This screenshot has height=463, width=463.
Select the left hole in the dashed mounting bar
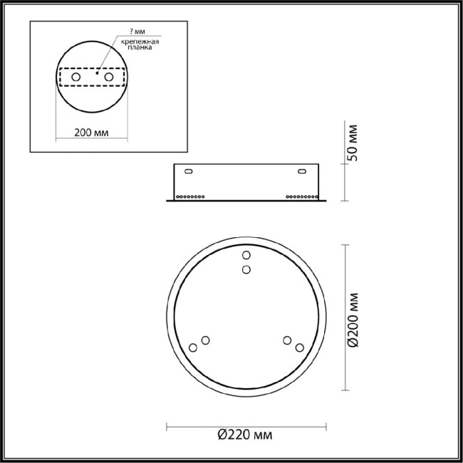pyautogui.click(x=76, y=76)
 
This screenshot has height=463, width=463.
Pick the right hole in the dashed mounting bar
pyautogui.click(x=108, y=76)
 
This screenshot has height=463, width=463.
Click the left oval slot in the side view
pyautogui.click(x=189, y=172)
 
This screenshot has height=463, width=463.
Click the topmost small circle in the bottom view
pyautogui.click(x=246, y=256)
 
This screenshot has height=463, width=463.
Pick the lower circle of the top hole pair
pyautogui.click(x=246, y=269)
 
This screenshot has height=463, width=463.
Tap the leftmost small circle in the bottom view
pyautogui.click(x=192, y=348)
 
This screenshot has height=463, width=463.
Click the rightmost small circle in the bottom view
pyautogui.click(x=299, y=348)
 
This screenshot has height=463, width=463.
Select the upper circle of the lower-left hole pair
pyautogui.click(x=205, y=340)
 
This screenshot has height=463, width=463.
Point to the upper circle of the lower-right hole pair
pyautogui.click(x=287, y=340)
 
